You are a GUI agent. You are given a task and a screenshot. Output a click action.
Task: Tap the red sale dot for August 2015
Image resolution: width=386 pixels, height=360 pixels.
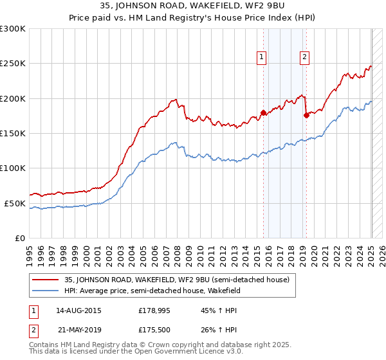pos(263,113)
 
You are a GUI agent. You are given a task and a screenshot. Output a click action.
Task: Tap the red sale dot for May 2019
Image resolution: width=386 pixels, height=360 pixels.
pos(306,116)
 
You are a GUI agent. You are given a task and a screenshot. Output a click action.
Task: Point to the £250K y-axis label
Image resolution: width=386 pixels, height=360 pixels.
pos(13,64)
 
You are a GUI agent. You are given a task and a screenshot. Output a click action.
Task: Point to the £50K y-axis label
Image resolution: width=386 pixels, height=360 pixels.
pos(15,203)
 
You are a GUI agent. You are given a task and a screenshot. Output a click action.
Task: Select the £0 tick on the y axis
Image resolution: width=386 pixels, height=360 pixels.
pos(20,238)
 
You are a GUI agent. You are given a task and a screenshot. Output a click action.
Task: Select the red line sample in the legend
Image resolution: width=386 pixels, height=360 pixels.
pos(46,280)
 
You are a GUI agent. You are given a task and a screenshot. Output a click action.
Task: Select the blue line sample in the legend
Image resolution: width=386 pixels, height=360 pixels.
pos(46,291)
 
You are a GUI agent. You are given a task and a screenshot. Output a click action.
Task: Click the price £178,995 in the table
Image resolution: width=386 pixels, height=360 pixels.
pos(153,310)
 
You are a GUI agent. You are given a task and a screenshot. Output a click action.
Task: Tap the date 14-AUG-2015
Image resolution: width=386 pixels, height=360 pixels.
pos(78,310)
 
